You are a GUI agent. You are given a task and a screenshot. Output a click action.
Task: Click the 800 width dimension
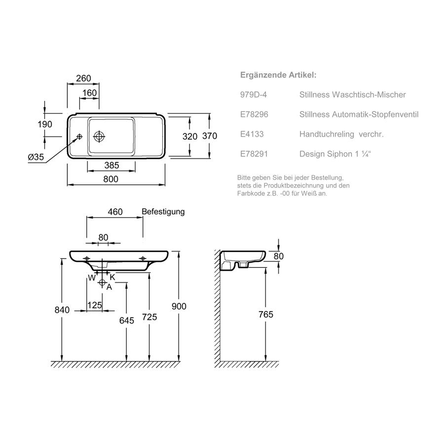[x=111, y=179]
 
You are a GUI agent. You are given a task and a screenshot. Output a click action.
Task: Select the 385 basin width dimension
[x=111, y=165]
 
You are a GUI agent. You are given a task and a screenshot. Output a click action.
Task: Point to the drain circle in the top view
[x=99, y=137]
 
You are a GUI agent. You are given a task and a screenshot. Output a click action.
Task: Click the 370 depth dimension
[x=210, y=136]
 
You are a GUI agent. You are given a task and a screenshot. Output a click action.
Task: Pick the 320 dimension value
[x=190, y=137]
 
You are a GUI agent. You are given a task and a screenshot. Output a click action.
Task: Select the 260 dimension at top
[x=83, y=78]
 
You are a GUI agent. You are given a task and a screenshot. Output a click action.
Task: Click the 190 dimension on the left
[x=45, y=124]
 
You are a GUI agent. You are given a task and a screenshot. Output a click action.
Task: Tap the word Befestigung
[x=163, y=212]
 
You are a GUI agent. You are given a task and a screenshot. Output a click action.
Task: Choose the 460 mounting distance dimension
[x=115, y=212]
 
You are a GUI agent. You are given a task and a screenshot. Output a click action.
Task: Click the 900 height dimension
[x=179, y=306]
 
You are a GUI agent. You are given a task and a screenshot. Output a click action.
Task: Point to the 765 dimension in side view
[x=265, y=314]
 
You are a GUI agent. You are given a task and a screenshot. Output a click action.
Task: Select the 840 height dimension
[x=62, y=310]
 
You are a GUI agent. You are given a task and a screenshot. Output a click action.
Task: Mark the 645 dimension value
[x=127, y=320]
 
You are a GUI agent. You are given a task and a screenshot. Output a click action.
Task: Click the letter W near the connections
[x=92, y=278]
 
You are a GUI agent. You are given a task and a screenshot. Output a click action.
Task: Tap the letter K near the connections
[x=112, y=277]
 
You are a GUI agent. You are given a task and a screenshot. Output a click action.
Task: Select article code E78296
[x=254, y=114]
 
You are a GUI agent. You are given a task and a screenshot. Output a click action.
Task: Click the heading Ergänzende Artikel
[x=278, y=75]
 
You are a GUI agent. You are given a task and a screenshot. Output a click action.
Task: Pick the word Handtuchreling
[x=327, y=134]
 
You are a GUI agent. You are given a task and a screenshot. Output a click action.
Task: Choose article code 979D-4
[x=254, y=95]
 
